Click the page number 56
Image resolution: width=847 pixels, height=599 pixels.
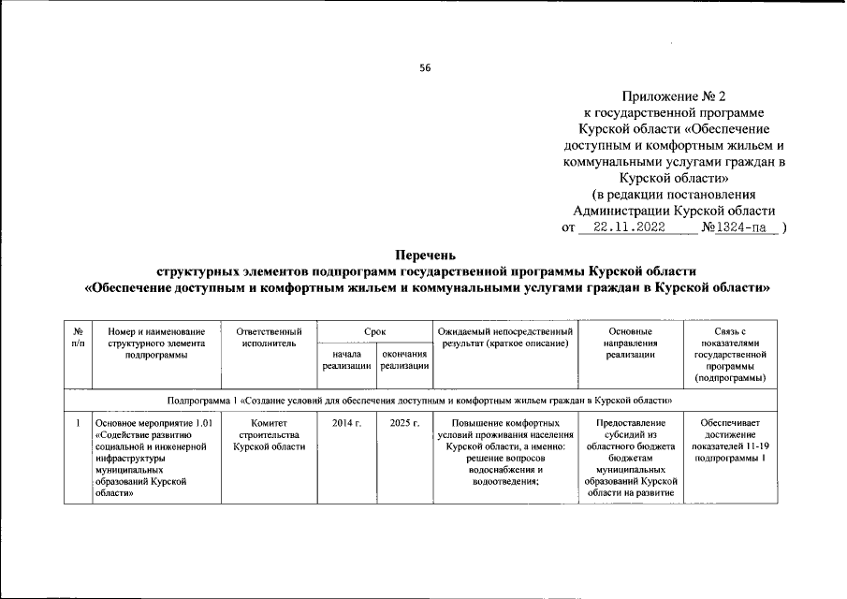pyautogui.click(x=425, y=67)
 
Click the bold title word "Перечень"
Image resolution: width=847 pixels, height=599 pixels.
pyautogui.click(x=425, y=254)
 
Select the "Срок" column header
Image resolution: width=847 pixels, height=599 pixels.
pyautogui.click(x=374, y=331)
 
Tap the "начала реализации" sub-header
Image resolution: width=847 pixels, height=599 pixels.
pyautogui.click(x=346, y=360)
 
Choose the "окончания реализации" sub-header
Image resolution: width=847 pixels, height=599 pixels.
pyautogui.click(x=403, y=360)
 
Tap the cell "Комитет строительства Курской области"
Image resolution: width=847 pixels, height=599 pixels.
pyautogui.click(x=270, y=435)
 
